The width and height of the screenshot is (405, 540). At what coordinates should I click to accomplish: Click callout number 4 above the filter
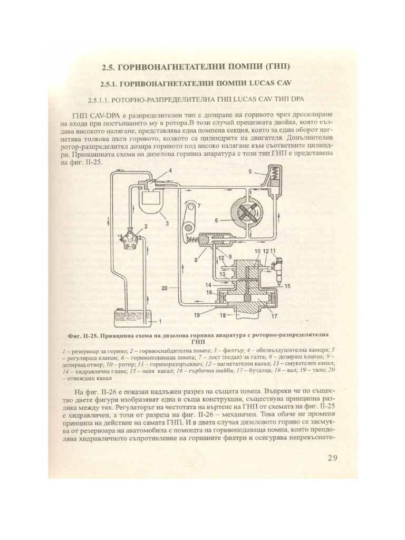[x=156, y=170]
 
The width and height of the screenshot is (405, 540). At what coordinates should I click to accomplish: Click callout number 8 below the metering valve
[x=197, y=260]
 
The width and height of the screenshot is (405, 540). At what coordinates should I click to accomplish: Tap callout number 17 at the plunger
[x=274, y=317]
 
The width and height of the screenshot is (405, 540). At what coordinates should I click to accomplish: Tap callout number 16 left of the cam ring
[x=208, y=292]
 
